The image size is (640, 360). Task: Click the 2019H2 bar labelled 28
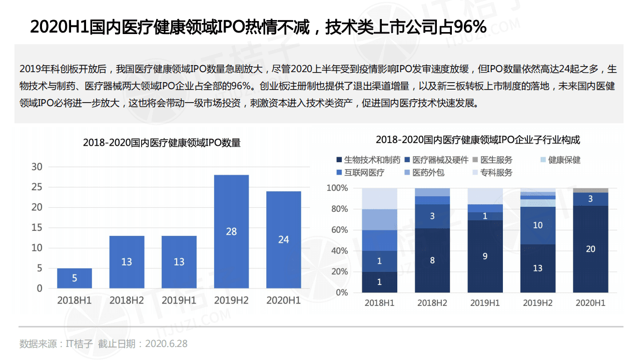(231, 231)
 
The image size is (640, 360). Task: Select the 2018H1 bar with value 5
(75, 278)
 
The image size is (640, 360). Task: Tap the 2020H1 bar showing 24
(283, 239)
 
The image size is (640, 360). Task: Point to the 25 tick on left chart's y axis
(37, 187)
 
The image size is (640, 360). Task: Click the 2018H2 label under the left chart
(127, 300)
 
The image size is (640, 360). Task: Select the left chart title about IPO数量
(162, 143)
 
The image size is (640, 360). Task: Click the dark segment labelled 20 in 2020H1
(590, 249)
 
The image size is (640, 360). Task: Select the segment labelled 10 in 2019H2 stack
(537, 225)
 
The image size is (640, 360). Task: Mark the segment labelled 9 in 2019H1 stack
(485, 256)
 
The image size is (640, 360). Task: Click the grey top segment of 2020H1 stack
(590, 190)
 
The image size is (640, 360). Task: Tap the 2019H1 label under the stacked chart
(485, 303)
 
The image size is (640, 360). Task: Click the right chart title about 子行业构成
(478, 139)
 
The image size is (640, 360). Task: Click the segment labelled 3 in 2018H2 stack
(432, 216)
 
